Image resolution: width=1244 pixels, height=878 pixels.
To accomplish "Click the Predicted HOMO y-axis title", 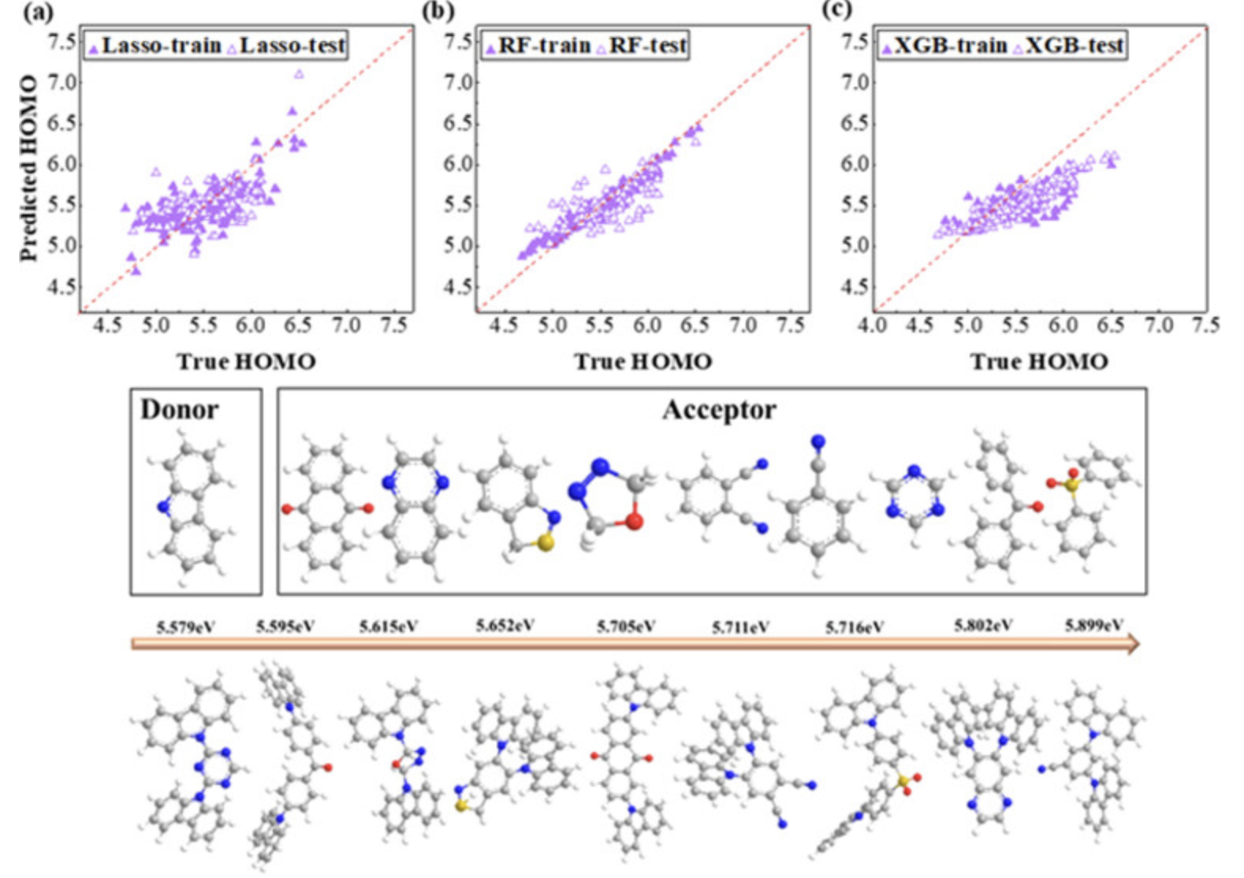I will (28, 168).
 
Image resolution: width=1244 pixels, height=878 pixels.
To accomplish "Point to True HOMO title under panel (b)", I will (642, 362).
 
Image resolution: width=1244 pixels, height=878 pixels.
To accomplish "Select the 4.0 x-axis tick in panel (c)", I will (872, 326).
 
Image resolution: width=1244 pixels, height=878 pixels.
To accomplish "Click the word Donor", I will (179, 410).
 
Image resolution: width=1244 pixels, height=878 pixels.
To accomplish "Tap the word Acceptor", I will (719, 410).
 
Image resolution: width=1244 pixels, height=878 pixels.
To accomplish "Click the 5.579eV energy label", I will (186, 627).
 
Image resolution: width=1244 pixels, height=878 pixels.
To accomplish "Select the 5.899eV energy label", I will (1094, 625).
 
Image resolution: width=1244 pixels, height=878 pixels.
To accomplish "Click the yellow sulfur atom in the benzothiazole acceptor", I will (546, 544).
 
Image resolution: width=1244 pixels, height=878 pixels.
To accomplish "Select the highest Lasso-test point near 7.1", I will (299, 74).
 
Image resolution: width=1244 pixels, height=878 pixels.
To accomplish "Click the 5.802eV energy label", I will (983, 626).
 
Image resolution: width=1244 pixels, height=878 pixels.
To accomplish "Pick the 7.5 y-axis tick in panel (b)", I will (458, 41).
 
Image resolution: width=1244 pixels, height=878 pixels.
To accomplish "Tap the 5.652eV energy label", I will (505, 626).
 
